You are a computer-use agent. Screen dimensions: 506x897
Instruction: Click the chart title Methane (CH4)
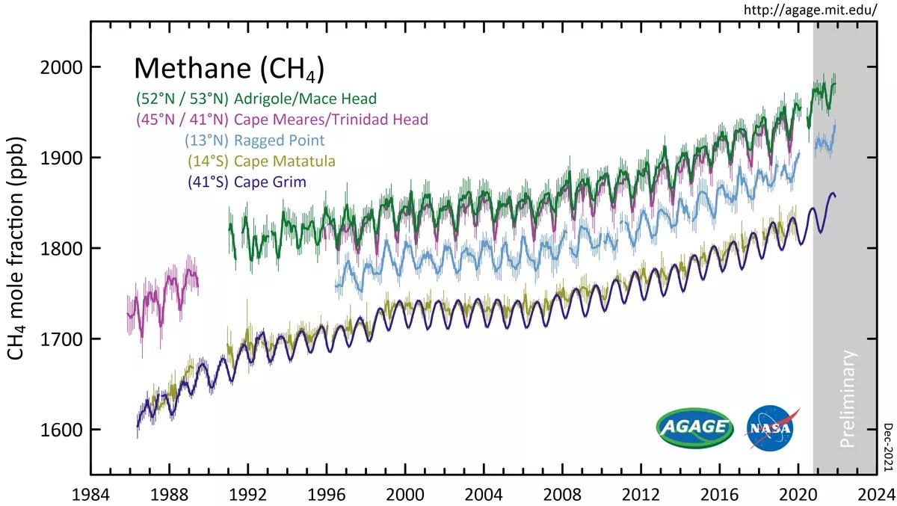(228, 70)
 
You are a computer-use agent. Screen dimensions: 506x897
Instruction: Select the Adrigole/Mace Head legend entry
(256, 99)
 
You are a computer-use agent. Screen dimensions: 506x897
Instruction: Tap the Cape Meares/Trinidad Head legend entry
(282, 120)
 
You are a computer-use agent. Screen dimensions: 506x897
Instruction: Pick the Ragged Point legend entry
(255, 141)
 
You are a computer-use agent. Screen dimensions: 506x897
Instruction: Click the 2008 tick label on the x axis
(562, 494)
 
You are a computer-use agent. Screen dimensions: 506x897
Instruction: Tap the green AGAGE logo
(694, 428)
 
